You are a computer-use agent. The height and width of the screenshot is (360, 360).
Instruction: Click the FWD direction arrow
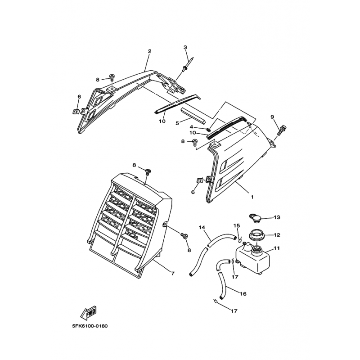[x=88, y=313]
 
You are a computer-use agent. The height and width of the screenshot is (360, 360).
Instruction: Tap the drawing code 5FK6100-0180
[x=90, y=326]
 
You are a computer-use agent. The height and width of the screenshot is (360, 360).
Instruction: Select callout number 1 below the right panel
[x=252, y=197]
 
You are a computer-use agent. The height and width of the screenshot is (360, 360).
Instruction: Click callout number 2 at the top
[x=149, y=51]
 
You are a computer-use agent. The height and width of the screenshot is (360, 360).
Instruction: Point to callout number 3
[x=185, y=47]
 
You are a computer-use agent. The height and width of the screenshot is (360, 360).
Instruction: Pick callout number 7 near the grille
[x=173, y=274]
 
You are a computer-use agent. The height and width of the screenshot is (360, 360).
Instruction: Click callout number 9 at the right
[x=272, y=117]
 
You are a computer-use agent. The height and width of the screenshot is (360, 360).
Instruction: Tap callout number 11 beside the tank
[x=277, y=248]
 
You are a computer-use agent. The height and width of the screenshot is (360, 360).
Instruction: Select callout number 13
[x=277, y=217]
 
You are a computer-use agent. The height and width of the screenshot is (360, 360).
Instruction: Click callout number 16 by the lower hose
[x=243, y=294]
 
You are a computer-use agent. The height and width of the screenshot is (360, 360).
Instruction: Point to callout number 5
[x=177, y=123]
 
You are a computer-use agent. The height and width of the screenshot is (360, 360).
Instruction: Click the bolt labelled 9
[x=283, y=130]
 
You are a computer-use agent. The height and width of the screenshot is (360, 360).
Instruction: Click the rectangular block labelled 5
[x=193, y=115]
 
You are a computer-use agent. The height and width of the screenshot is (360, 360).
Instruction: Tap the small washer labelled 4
[x=208, y=130]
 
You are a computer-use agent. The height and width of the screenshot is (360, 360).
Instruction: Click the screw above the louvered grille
[x=148, y=172]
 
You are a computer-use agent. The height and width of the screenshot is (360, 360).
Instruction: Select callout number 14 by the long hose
[x=202, y=227]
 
